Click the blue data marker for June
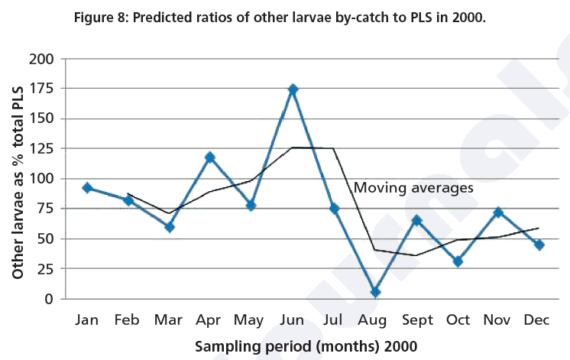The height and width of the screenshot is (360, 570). tap(293, 89)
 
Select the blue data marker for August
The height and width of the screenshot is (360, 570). tap(375, 292)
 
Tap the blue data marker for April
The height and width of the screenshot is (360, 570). tap(210, 157)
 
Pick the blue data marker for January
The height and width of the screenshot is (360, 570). tap(88, 188)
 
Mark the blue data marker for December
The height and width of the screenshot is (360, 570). tap(539, 245)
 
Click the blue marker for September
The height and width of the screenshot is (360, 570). tap(416, 220)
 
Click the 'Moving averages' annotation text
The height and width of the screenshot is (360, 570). tap(413, 186)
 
